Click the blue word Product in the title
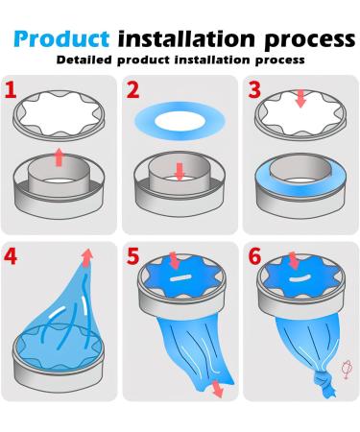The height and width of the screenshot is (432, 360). click(x=60, y=39)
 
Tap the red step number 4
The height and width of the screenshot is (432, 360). click(x=12, y=257)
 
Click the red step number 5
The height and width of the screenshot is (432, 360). click(x=132, y=257)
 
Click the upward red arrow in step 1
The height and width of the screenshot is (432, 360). click(x=60, y=156)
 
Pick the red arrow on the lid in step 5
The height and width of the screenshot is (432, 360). click(x=174, y=261)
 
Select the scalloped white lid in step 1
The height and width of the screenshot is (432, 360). click(x=60, y=120)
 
